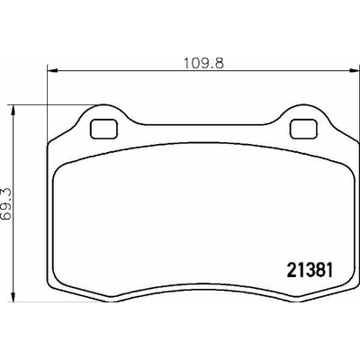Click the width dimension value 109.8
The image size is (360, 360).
point(203,64)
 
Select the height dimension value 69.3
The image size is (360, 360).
point(6,204)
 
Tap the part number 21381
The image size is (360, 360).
point(310,270)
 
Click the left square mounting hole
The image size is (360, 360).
point(104,129)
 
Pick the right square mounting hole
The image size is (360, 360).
point(303,129)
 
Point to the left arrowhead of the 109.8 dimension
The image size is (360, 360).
point(52,71)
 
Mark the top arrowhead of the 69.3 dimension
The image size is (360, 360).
point(13,111)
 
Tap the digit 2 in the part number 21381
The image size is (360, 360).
point(292,270)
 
